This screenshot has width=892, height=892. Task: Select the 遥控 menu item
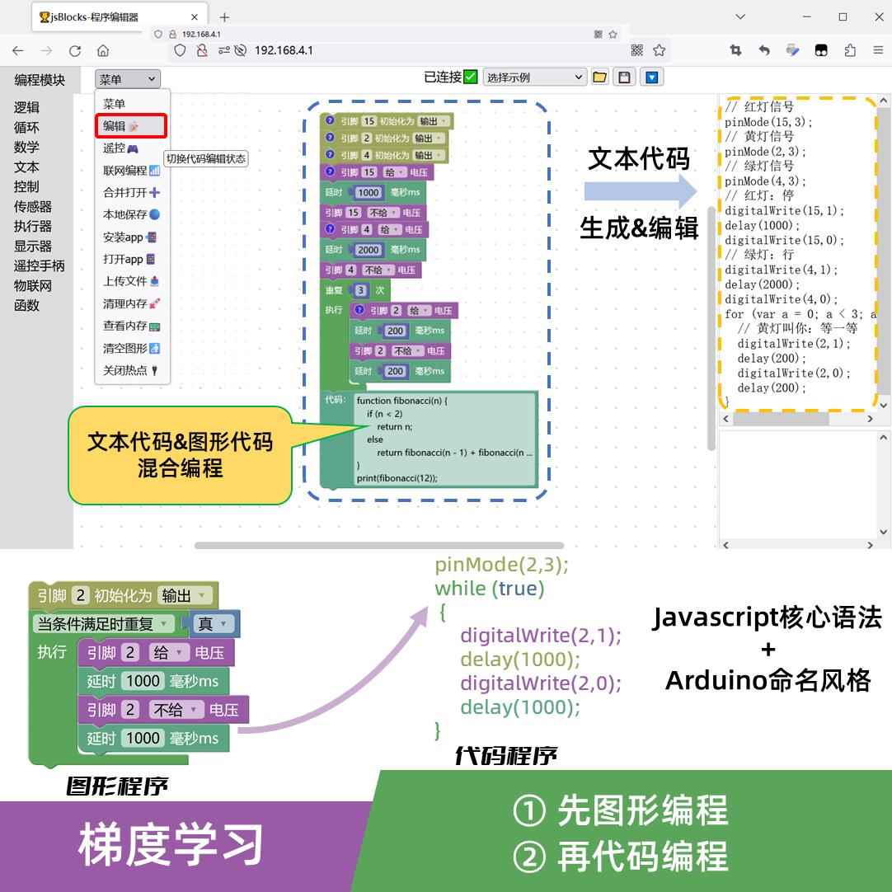point(120,148)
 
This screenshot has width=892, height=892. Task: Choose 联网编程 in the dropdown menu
point(131,171)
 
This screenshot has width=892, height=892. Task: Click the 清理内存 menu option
point(131,303)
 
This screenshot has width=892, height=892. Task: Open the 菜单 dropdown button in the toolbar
point(127,79)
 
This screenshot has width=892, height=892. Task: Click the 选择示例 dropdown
point(534,77)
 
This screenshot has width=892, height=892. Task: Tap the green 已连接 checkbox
point(471,77)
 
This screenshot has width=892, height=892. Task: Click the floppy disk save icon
point(624,77)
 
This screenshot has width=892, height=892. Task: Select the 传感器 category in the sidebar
point(33,206)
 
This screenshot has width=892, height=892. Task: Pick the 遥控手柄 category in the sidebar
point(39,265)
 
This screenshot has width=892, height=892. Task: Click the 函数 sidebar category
point(26,305)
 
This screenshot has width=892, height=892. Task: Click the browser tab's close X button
point(195,17)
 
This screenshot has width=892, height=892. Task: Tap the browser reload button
point(75,50)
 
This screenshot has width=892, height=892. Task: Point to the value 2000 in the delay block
point(368,250)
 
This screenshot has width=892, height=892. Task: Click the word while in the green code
point(460,589)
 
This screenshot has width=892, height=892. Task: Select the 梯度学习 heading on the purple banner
point(171,845)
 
